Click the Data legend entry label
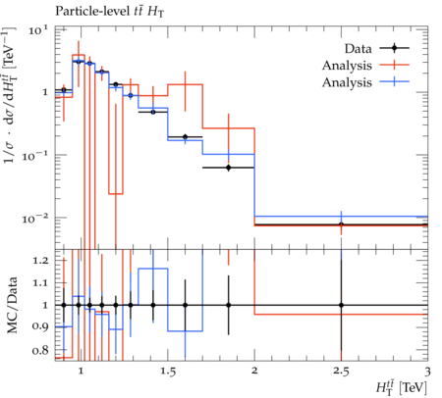click(359, 49)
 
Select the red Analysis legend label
click(347, 66)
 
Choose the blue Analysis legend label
click(347, 82)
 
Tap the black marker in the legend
click(395, 48)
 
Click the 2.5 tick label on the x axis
click(341, 372)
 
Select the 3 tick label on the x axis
click(427, 372)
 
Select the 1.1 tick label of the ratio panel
click(40, 282)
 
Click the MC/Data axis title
click(12, 305)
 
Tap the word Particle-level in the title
click(92, 12)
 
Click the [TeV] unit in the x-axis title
click(414, 388)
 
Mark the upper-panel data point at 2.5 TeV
click(341, 224)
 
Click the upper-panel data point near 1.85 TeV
click(229, 168)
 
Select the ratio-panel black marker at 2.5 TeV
click(341, 305)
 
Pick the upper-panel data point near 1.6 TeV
click(186, 137)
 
